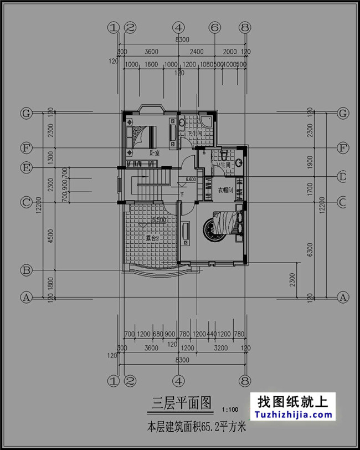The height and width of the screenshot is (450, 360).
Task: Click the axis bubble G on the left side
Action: [x=25, y=113]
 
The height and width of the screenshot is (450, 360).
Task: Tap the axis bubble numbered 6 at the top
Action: [x=215, y=27]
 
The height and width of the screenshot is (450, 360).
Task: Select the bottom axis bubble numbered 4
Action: [x=178, y=381]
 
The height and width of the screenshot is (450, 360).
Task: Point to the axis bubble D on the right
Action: [x=343, y=177]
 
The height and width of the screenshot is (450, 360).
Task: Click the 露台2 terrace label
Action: [x=152, y=238]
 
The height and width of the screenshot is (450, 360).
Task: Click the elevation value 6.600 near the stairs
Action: [x=191, y=180]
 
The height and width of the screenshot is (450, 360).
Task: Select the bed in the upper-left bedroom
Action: [x=146, y=135]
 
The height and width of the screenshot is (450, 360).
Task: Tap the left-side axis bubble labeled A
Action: [x=25, y=298]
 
